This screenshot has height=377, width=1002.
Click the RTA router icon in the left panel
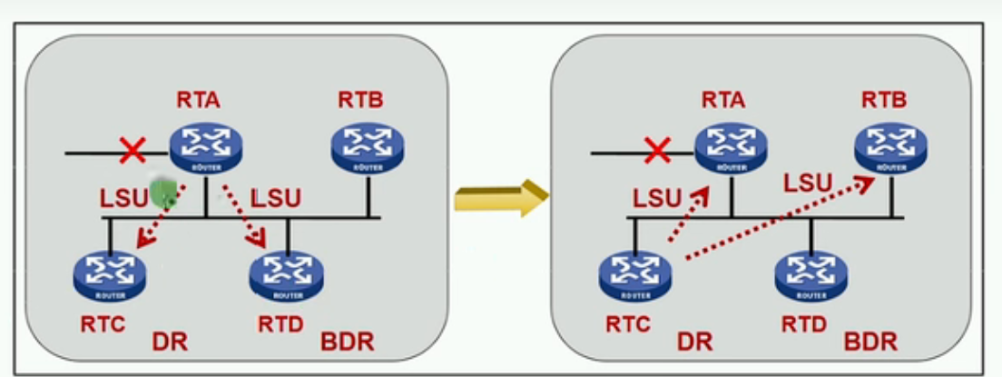coord(206,148)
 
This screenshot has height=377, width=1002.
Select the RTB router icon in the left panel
coord(368,148)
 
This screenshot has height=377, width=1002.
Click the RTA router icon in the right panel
coord(732,148)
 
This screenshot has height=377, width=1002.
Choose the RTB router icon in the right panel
coord(891,148)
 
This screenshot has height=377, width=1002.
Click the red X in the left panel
coord(133,151)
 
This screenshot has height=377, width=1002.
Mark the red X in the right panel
coord(658,151)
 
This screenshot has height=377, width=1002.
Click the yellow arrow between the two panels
coord(502,198)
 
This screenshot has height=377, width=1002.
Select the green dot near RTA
coord(163,193)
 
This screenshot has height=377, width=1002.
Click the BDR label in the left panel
coord(347,342)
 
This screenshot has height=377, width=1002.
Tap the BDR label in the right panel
coord(870,342)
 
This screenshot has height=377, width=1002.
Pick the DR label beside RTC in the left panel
coord(170,342)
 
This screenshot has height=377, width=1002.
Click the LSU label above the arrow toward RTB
coord(808,184)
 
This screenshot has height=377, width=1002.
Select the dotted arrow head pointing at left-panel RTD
coord(258,240)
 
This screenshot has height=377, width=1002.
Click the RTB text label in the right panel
coord(884,100)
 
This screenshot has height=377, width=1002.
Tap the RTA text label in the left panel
coord(199,100)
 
